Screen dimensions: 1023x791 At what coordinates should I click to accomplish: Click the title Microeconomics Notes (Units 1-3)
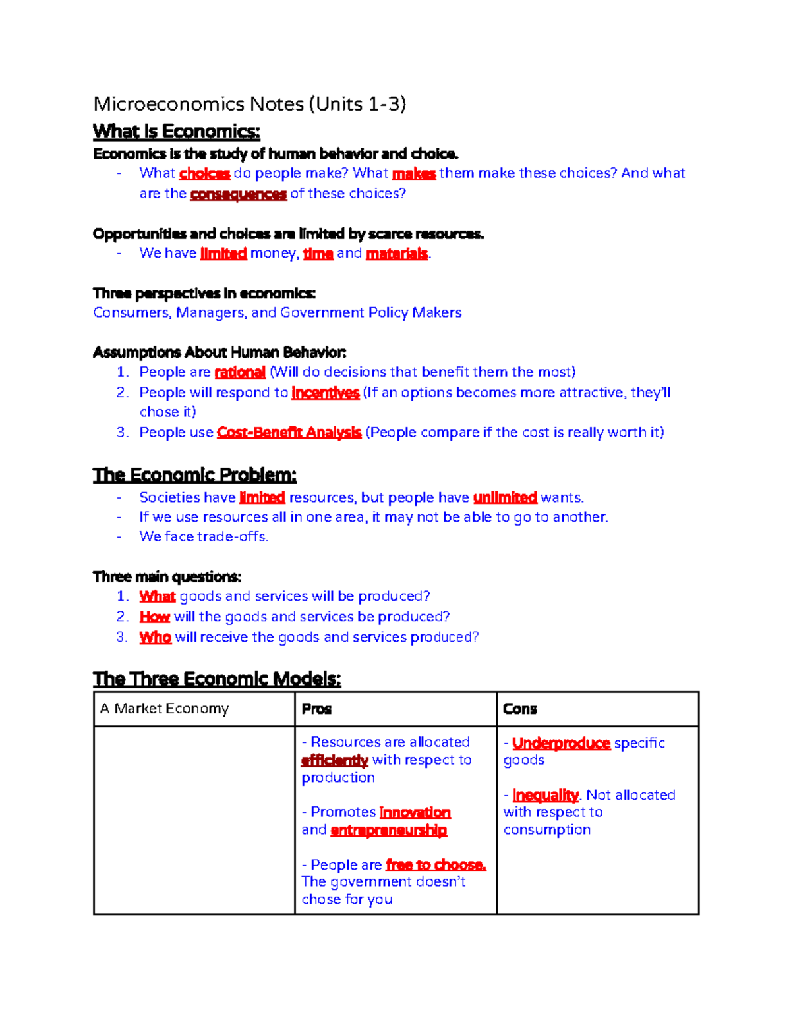[249, 104]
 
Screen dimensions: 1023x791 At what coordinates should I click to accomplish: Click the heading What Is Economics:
[176, 132]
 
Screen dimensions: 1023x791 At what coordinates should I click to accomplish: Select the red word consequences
[238, 194]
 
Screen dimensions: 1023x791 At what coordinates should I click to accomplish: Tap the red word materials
[397, 254]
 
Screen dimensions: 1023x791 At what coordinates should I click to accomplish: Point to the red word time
[318, 254]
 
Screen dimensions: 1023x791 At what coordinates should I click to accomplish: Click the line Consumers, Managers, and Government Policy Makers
[277, 312]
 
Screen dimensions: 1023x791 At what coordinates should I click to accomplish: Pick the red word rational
[240, 372]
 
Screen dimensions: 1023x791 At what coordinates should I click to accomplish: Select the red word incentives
[325, 393]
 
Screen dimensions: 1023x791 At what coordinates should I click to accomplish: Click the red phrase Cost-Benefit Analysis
[289, 433]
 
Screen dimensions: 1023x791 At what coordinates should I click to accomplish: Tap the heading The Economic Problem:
[194, 475]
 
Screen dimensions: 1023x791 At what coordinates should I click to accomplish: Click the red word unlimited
[505, 497]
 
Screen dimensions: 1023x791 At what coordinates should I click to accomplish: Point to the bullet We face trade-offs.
[204, 537]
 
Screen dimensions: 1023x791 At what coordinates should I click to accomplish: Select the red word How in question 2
[155, 617]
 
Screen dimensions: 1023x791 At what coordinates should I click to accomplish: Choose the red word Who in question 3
[156, 637]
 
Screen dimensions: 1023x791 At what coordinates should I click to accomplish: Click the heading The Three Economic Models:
[217, 678]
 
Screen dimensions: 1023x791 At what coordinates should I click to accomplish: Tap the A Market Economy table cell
[165, 709]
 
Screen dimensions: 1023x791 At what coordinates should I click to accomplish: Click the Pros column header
[316, 709]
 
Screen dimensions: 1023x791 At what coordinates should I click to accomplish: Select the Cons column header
[520, 709]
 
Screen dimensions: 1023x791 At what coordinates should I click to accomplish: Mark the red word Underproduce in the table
[561, 743]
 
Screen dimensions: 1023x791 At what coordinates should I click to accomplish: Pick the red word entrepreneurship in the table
[388, 830]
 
